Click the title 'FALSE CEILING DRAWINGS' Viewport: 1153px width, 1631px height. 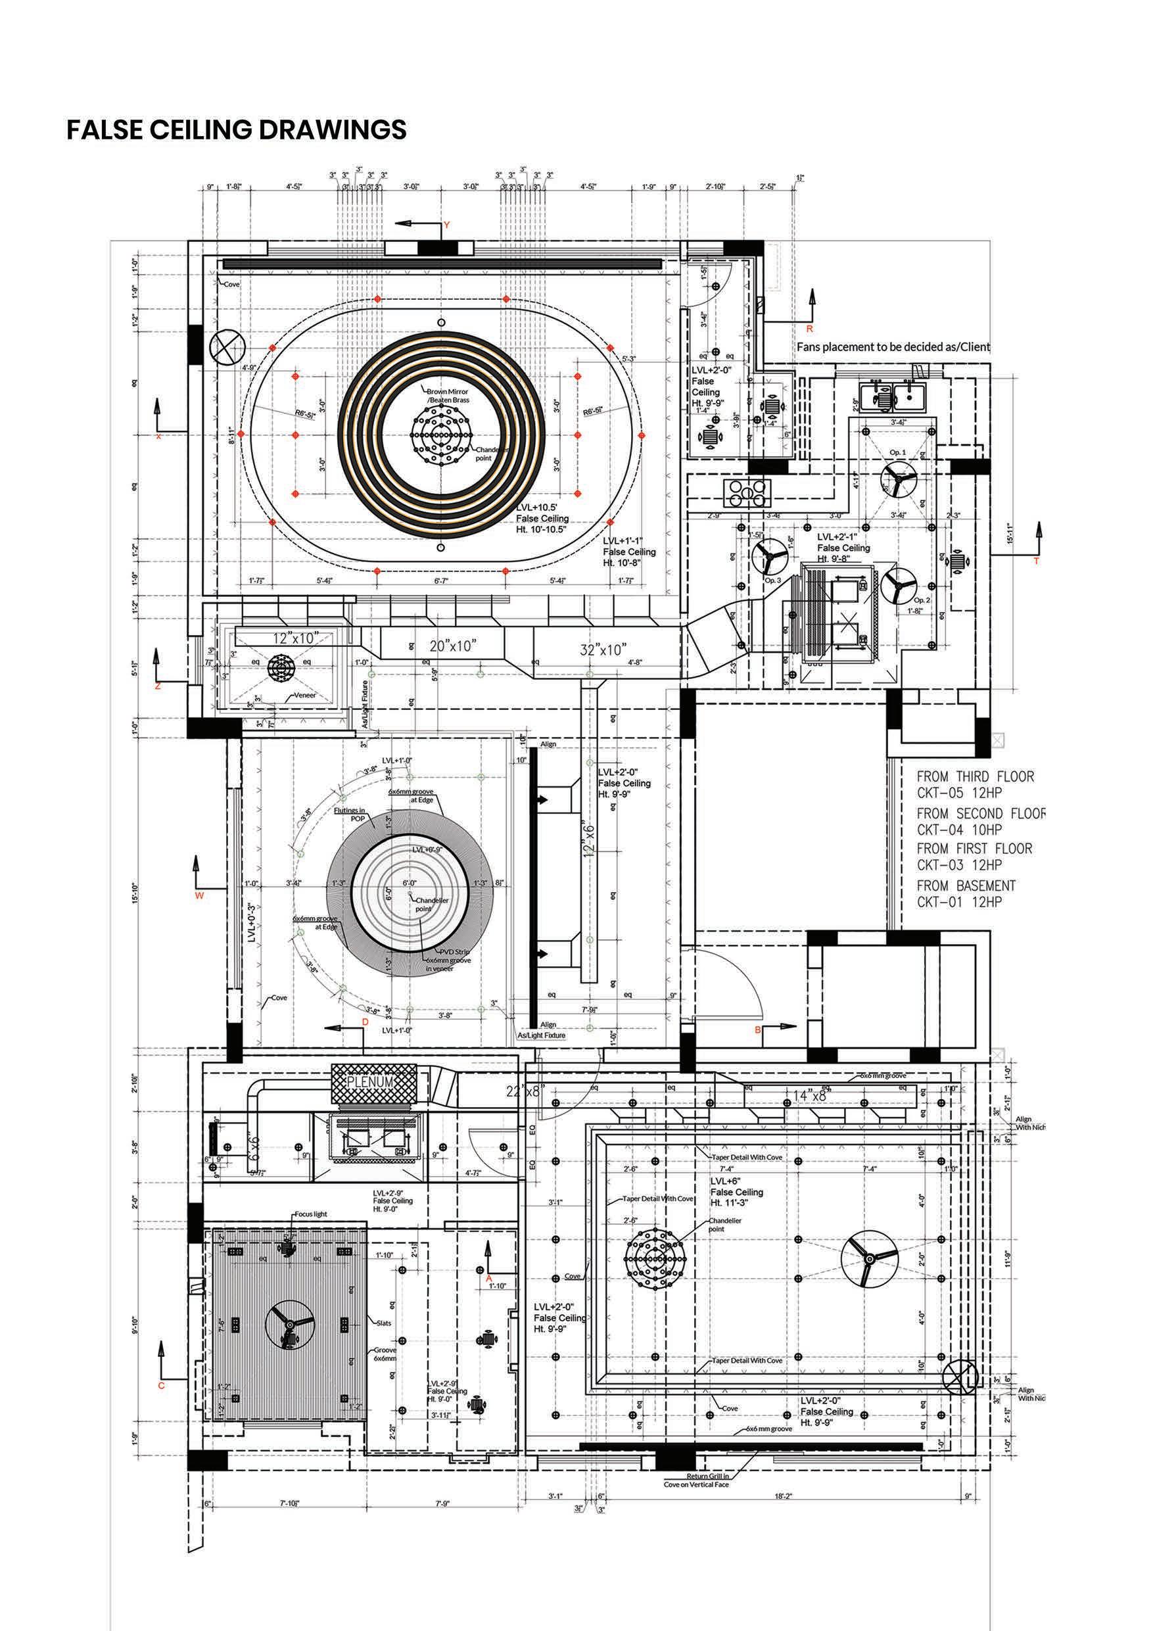[237, 130]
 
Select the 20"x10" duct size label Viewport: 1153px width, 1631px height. [452, 645]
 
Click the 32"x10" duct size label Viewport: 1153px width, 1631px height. [603, 650]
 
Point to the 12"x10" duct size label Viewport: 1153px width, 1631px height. [296, 638]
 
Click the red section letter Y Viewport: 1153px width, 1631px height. [447, 225]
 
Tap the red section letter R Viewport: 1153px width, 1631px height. [809, 329]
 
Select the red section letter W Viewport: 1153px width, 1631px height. [199, 896]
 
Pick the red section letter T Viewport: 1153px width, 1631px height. [1036, 561]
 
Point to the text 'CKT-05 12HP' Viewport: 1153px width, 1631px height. [959, 793]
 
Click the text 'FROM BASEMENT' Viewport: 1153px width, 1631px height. [966, 886]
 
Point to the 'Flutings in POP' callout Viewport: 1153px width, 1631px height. [350, 814]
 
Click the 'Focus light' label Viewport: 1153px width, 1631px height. [311, 1214]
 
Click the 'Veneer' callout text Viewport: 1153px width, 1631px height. [305, 696]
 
